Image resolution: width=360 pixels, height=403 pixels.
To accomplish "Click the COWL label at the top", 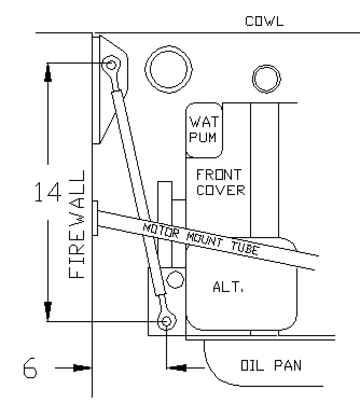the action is [x=264, y=21].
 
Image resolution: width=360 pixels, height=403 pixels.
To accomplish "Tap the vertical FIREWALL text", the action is [x=77, y=224].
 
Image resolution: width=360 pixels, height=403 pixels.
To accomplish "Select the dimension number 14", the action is [x=48, y=192].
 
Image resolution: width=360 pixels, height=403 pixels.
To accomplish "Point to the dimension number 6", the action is [x=30, y=368].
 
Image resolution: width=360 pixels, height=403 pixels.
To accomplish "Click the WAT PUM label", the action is [x=204, y=129].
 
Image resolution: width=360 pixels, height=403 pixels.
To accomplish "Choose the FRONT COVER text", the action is [x=220, y=182].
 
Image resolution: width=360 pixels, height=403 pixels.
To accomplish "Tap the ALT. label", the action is [x=228, y=286].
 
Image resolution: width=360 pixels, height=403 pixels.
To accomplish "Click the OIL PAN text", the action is [x=271, y=365].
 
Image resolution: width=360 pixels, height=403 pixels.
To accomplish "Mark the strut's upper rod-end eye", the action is [x=111, y=64].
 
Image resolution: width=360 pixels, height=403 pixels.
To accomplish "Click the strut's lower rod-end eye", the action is [x=167, y=321].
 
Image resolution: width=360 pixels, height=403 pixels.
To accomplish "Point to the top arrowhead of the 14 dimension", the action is [x=48, y=73].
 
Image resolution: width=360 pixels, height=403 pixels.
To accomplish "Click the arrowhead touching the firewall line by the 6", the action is [x=82, y=368].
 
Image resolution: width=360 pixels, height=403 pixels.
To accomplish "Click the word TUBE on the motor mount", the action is [x=244, y=248].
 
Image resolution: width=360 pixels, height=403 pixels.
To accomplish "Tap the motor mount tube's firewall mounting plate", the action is [x=95, y=218].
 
